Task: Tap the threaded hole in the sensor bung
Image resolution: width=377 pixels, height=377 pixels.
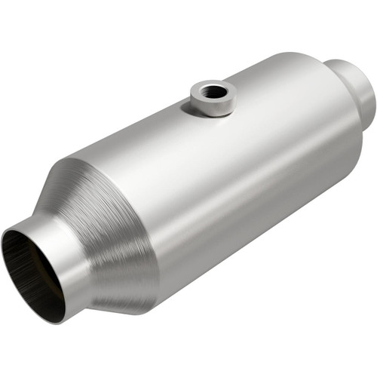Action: pyautogui.click(x=214, y=92)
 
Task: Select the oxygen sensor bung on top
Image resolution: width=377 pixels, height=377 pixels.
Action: pyautogui.click(x=213, y=97)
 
